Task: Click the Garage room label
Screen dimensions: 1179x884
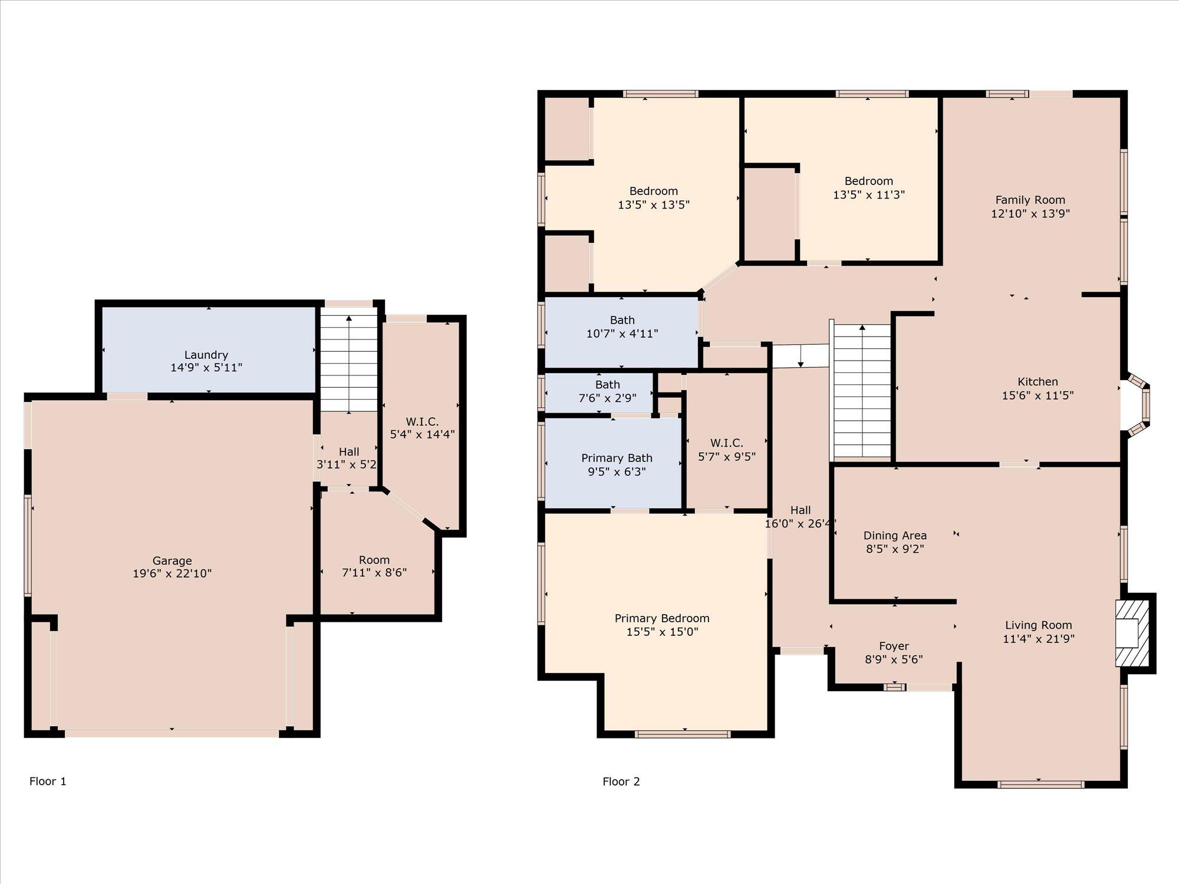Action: click(172, 560)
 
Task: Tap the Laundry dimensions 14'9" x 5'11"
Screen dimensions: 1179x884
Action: click(206, 368)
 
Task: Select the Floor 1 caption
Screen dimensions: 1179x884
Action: click(48, 781)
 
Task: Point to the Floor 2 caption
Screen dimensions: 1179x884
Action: click(621, 781)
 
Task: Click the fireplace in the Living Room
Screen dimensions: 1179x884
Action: click(1132, 634)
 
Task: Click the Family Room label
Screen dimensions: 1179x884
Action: click(1030, 200)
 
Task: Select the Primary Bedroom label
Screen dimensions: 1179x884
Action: click(662, 618)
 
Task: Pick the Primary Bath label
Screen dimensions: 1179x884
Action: click(617, 458)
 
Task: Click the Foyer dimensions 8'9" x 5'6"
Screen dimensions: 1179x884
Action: click(894, 659)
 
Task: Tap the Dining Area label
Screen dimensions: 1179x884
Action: click(895, 536)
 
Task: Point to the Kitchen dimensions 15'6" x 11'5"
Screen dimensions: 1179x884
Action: click(1038, 395)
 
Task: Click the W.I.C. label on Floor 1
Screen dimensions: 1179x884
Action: click(422, 421)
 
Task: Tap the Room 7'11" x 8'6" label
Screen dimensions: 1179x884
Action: click(374, 560)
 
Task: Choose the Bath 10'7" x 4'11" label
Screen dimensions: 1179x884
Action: click(622, 320)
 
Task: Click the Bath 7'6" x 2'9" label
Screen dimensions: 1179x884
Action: click(607, 385)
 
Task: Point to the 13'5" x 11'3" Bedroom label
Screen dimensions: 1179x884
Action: click(868, 182)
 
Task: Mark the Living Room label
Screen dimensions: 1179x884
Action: click(1038, 625)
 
